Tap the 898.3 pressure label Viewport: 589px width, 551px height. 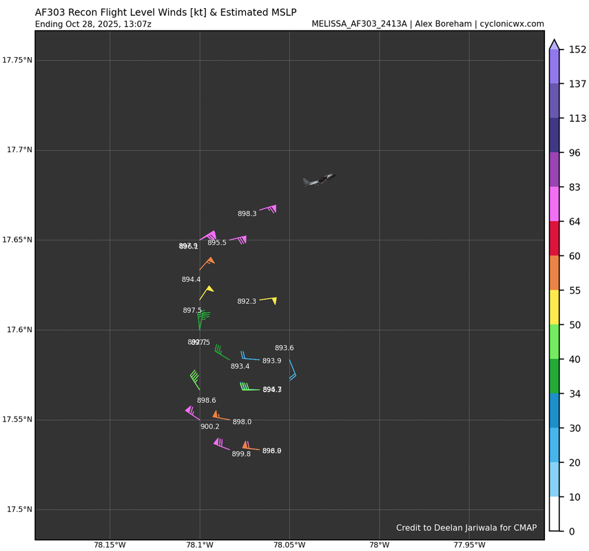(247, 214)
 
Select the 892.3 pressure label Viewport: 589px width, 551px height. (247, 301)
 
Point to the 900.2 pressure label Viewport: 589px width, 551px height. (209, 426)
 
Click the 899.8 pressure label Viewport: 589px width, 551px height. (241, 454)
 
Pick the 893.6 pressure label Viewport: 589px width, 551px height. (284, 348)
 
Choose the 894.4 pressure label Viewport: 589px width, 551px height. (191, 279)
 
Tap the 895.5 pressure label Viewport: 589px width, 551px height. (217, 242)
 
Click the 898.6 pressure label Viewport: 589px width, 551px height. (206, 400)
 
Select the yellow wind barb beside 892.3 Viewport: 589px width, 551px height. (269, 300)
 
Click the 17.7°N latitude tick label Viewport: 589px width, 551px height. (18, 150)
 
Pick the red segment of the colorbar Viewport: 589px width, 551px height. (555, 238)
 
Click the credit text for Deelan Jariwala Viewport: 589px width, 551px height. (466, 528)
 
